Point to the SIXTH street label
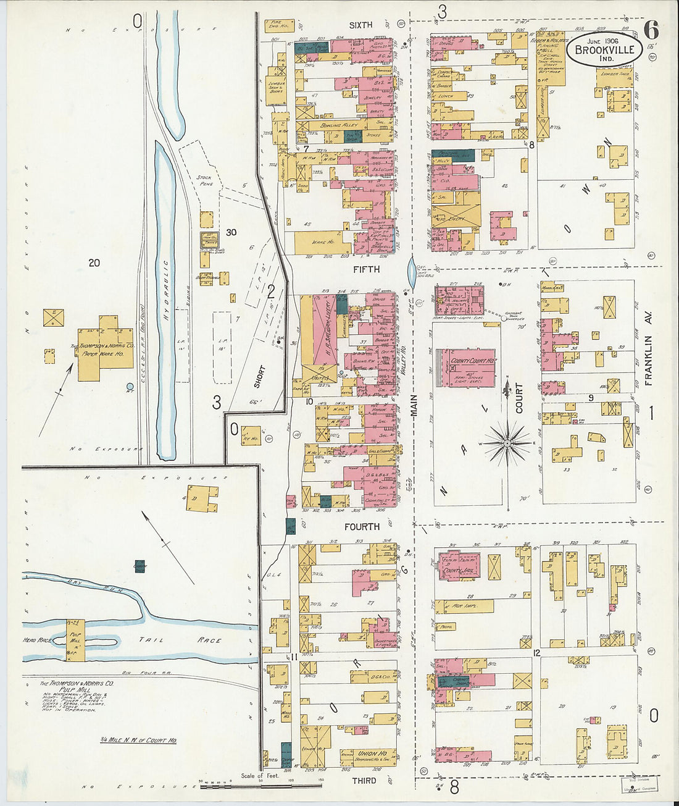[x=360, y=25]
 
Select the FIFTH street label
[x=367, y=270]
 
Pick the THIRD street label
[x=364, y=781]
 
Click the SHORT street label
[x=260, y=377]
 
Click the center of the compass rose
[x=507, y=442]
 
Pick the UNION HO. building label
[x=372, y=754]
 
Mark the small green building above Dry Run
[x=140, y=566]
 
